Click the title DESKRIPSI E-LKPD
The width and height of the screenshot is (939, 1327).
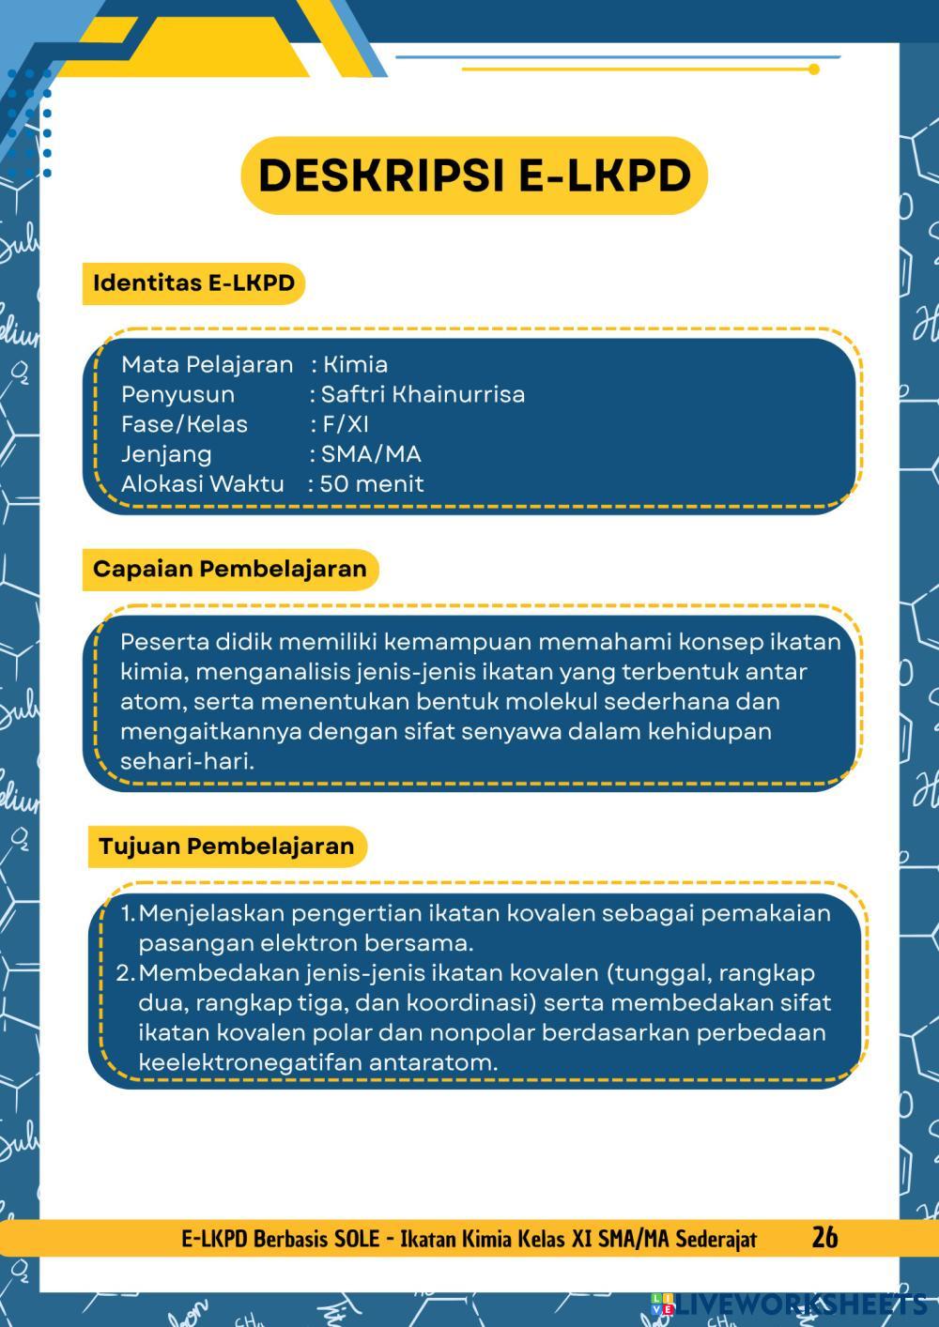point(474,175)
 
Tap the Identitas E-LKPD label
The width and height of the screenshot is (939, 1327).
point(193,282)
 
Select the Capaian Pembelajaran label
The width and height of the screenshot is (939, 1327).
point(229,569)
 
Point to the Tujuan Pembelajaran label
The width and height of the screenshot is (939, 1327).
point(226,846)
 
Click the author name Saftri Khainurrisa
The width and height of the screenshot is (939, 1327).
point(423,394)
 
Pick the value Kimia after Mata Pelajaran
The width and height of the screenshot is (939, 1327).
point(355,364)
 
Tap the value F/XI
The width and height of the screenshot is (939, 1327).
point(346,424)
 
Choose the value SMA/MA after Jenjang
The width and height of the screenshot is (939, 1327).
point(371,454)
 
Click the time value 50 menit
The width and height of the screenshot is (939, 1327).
point(372,484)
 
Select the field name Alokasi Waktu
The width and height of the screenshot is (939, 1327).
point(202,484)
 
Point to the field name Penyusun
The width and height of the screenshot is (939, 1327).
point(177,394)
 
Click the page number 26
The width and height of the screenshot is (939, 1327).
point(824,1237)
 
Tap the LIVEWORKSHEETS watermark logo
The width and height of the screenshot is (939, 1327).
point(789,1304)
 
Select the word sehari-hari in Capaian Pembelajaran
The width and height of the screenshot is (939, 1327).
point(187,761)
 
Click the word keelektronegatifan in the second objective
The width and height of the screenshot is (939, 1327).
point(250,1063)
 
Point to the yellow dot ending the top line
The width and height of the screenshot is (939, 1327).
point(814,69)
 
